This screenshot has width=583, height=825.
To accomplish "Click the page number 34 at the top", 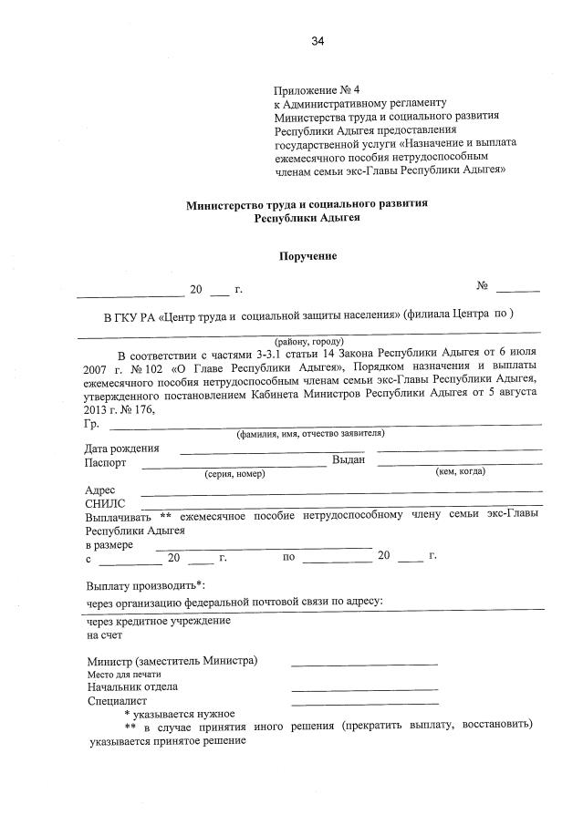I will click(x=317, y=41).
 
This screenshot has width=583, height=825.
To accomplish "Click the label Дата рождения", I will click(x=121, y=448).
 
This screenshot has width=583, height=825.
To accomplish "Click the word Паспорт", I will click(x=106, y=462).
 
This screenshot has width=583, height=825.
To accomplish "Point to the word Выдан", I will click(x=349, y=460).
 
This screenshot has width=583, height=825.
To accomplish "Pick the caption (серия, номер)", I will click(x=234, y=474).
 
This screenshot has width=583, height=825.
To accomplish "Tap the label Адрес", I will click(x=99, y=490).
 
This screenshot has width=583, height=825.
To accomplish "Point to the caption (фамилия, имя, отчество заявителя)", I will click(x=309, y=434).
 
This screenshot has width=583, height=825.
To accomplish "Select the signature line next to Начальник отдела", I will click(x=364, y=688).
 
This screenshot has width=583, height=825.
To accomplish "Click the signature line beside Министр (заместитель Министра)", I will click(x=364, y=663).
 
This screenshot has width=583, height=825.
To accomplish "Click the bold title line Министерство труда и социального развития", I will click(x=307, y=205).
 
